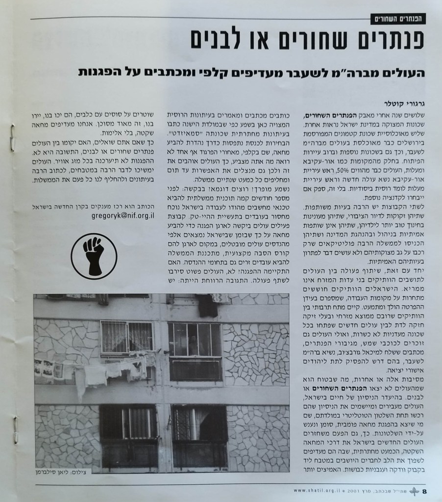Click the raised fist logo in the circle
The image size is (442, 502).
94,256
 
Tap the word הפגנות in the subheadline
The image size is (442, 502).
98,72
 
